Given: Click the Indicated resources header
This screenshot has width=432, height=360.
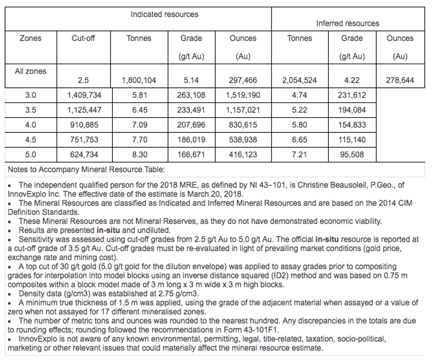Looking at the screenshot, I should coord(164,15).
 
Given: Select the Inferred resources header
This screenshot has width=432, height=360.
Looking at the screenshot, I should coord(347,23).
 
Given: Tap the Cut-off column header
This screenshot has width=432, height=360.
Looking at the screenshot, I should coord(83,38).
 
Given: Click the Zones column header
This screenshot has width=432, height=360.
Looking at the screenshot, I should coord(30,38).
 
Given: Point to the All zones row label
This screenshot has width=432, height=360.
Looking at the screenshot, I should coord(30,71).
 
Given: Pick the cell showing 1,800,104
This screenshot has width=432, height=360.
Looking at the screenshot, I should coord(139,81).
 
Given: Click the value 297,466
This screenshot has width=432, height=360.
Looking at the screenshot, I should coord(243,81).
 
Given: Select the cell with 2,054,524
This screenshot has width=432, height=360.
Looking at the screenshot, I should coord(300,81).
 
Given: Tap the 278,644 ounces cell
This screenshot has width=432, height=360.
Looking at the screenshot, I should coord(400,81).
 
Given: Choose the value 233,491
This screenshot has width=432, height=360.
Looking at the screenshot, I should coord(191,110).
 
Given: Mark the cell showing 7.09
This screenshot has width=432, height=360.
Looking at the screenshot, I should coord(139,125).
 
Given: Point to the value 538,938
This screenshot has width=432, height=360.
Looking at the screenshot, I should coord(243,140).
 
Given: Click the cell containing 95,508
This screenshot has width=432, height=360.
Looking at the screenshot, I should coord(352,155).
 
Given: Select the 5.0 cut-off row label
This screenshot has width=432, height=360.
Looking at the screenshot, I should coord(30,155).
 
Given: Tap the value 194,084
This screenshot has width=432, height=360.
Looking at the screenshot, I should coord(352,110).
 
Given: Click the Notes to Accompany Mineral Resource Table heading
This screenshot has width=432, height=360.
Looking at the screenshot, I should coord(86,169).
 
